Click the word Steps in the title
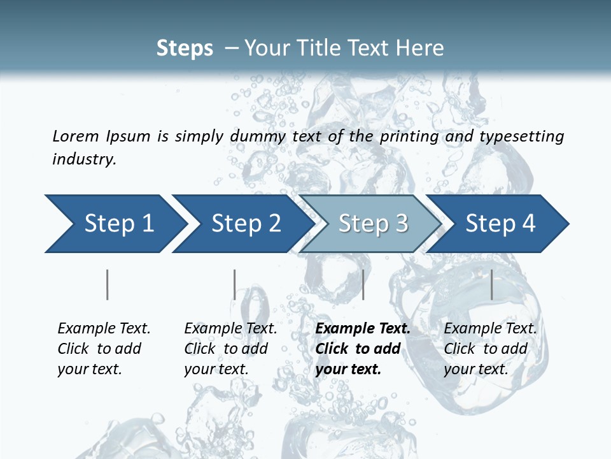click(x=185, y=48)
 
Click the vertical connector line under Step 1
click(x=108, y=284)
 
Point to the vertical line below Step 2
click(x=235, y=284)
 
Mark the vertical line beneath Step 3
click(x=363, y=284)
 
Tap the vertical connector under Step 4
click(x=491, y=284)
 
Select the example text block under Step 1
click(x=104, y=349)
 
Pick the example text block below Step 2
click(x=230, y=349)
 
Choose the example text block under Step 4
click(x=490, y=349)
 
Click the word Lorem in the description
click(x=75, y=136)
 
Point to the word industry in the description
click(x=84, y=159)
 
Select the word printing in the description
click(x=409, y=136)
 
